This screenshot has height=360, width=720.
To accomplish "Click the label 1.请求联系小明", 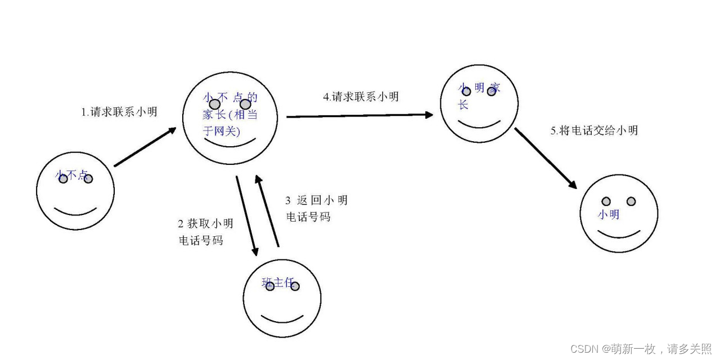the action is tap(119, 112).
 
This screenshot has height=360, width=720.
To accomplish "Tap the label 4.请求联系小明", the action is tap(361, 96).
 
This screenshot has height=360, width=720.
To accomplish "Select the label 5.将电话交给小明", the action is tap(594, 130).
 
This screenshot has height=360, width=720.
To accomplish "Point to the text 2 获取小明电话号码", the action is tap(205, 232).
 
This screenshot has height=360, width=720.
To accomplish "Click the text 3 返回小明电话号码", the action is tap(317, 208).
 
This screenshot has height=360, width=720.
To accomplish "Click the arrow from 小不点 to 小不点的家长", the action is tap(146, 148).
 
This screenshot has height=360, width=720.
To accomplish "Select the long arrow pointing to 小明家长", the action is tap(360, 116).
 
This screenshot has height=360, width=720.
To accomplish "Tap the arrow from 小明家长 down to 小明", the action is tap(546, 158).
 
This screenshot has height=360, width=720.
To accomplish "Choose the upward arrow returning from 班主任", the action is tap(268, 211).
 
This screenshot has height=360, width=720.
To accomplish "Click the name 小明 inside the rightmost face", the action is tap(608, 214).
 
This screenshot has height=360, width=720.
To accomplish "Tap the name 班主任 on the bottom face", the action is tap(278, 282).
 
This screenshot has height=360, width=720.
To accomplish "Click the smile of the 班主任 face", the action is tap(282, 319).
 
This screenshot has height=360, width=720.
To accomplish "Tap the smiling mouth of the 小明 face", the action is tap(619, 233).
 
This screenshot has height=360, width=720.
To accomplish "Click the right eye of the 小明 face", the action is tap(631, 201).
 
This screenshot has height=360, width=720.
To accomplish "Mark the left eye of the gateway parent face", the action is tap(214, 104).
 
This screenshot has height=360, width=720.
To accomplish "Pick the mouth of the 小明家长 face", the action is tap(480, 123).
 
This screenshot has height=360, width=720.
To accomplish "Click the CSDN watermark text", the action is tap(641, 349).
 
